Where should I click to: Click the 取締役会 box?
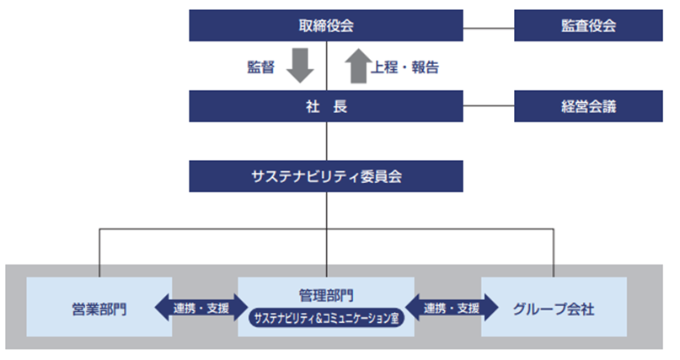326,25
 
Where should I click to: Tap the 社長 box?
326,107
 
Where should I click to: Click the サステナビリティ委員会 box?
326,176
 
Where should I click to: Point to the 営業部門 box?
99,308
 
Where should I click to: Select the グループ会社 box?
554,308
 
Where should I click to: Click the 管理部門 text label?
326,295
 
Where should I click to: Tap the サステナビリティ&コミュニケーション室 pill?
326,319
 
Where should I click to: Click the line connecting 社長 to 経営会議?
489,107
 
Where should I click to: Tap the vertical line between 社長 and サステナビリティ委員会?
326,142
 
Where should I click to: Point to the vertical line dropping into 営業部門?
99,253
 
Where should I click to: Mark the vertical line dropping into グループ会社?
554,253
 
